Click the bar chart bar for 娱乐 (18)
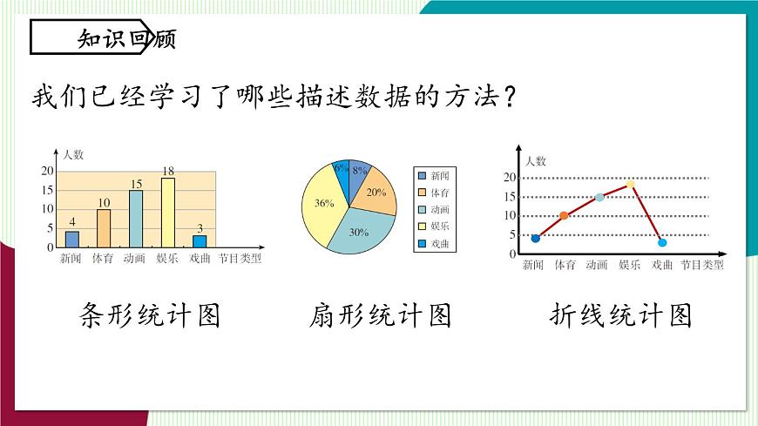167,213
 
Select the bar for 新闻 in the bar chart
71,239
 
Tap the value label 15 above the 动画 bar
136,184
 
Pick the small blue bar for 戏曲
200,241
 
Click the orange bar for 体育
104,228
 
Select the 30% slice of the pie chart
355,232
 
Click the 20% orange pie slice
375,193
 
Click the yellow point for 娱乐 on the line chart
630,184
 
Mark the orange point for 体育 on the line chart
564,215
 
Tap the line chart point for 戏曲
662,242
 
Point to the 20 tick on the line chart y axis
510,178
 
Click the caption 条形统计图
149,314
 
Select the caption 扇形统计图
380,314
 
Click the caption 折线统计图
621,314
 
